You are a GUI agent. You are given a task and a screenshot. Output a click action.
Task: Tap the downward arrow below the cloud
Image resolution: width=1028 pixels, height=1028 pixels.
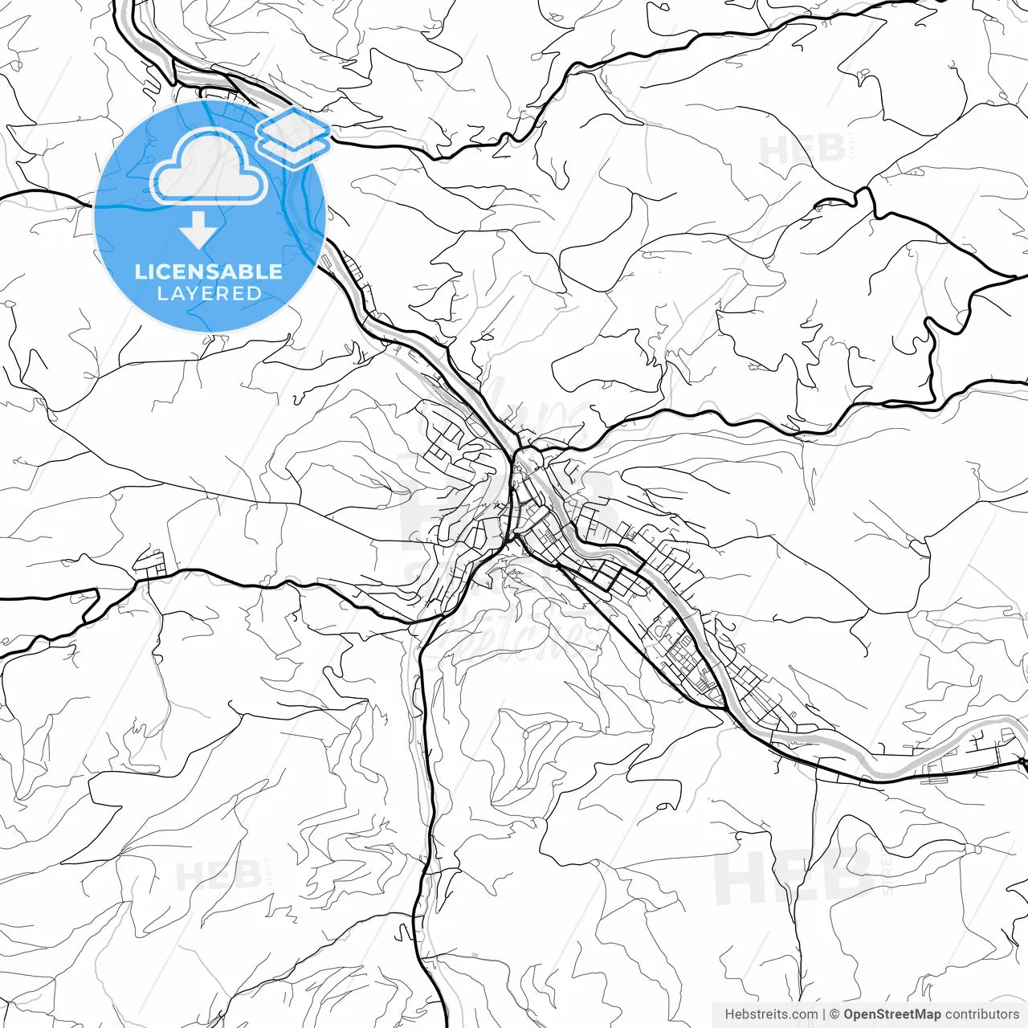tap(198, 230)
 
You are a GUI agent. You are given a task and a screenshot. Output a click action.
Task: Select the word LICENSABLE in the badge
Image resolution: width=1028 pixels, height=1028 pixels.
tap(209, 271)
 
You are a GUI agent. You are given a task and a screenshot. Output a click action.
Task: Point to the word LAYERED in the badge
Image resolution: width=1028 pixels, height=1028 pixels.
tap(209, 294)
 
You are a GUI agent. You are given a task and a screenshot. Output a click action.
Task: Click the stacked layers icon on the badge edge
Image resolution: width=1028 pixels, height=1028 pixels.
tap(293, 138)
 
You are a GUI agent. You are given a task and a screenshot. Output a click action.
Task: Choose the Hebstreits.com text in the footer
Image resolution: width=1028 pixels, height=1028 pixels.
tap(771, 1014)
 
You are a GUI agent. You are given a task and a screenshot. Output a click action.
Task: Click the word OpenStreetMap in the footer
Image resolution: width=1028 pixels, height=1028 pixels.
tap(892, 1014)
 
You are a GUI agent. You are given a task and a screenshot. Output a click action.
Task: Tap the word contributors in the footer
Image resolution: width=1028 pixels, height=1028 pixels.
tap(981, 1014)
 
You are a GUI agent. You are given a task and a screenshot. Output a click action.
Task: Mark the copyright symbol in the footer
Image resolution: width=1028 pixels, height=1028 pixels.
tap(834, 1014)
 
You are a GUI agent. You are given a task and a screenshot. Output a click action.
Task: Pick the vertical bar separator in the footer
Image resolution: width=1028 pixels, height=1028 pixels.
tap(824, 1014)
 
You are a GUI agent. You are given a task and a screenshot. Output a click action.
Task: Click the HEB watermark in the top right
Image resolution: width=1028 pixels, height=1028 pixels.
tap(802, 150)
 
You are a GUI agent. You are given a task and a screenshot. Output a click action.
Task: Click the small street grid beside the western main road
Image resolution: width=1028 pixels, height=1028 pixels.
tap(150, 563)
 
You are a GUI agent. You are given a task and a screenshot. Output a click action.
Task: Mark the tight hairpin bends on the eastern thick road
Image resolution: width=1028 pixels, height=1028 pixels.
tap(932, 353)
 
